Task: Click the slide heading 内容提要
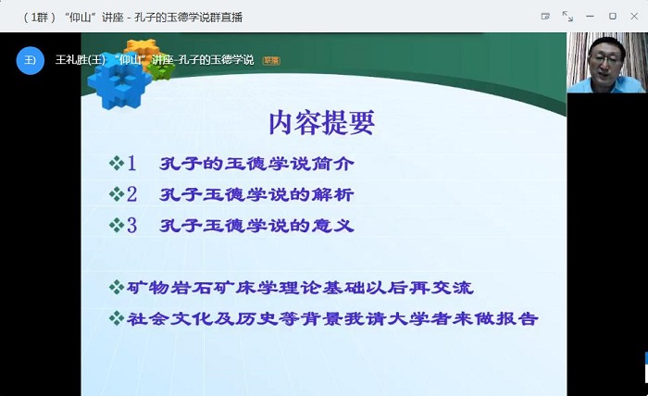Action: pos(321,123)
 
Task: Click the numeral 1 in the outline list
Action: pos(131,163)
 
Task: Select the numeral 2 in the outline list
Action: pos(131,194)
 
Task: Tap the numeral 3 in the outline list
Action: pos(131,226)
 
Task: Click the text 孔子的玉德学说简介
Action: pos(256,164)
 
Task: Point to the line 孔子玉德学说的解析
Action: pos(256,194)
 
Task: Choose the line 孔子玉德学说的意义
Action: pos(256,226)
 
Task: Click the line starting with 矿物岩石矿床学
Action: pos(300,288)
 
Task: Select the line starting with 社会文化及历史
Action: pos(332,318)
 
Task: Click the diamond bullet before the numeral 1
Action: pos(117,163)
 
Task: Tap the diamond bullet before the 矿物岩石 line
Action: pos(117,287)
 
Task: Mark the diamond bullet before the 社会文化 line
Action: pos(117,318)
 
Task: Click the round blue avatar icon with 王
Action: pos(31,60)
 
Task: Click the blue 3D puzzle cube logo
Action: pos(119,85)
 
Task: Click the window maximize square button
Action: pos(613,16)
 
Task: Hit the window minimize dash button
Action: pos(591,16)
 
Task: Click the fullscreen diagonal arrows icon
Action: pos(567,17)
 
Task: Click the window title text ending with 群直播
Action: pos(132,18)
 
